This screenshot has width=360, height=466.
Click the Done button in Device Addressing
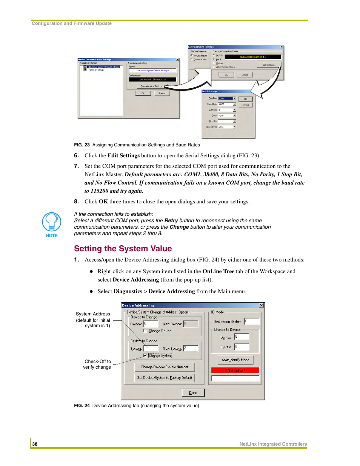click(193, 393)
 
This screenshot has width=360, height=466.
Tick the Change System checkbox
click(145, 355)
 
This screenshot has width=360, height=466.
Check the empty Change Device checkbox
click(145, 331)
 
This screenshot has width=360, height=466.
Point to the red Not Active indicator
click(235, 371)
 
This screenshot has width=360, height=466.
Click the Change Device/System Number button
click(165, 367)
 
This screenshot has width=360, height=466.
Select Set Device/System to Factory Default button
click(165, 378)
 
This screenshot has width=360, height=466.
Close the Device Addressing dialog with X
click(261, 305)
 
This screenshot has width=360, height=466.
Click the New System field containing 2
click(191, 348)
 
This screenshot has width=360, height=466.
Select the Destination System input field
click(252, 321)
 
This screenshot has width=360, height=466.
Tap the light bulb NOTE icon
click(52, 222)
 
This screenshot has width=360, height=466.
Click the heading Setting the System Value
click(123, 249)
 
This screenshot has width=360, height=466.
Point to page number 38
click(35, 444)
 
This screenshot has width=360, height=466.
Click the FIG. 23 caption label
click(82, 145)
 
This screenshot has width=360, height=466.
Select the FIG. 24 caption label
click(82, 406)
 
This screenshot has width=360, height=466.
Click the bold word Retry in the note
click(171, 221)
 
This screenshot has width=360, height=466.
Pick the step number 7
click(76, 166)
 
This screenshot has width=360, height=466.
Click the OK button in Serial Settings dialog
click(245, 99)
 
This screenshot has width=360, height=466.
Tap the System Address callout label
click(93, 314)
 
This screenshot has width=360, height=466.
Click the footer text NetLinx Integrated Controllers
click(273, 444)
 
